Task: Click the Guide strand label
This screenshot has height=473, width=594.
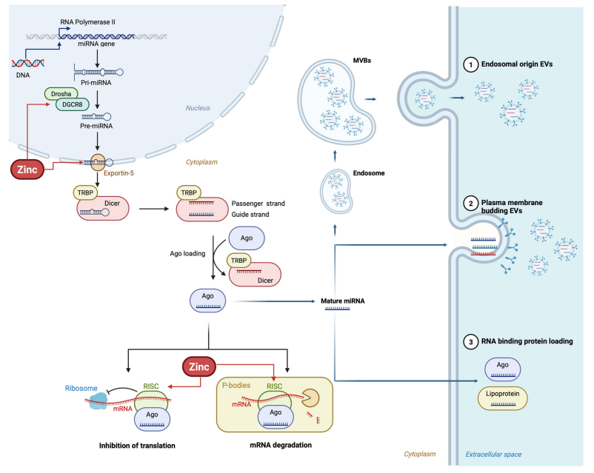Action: pos(251,214)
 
